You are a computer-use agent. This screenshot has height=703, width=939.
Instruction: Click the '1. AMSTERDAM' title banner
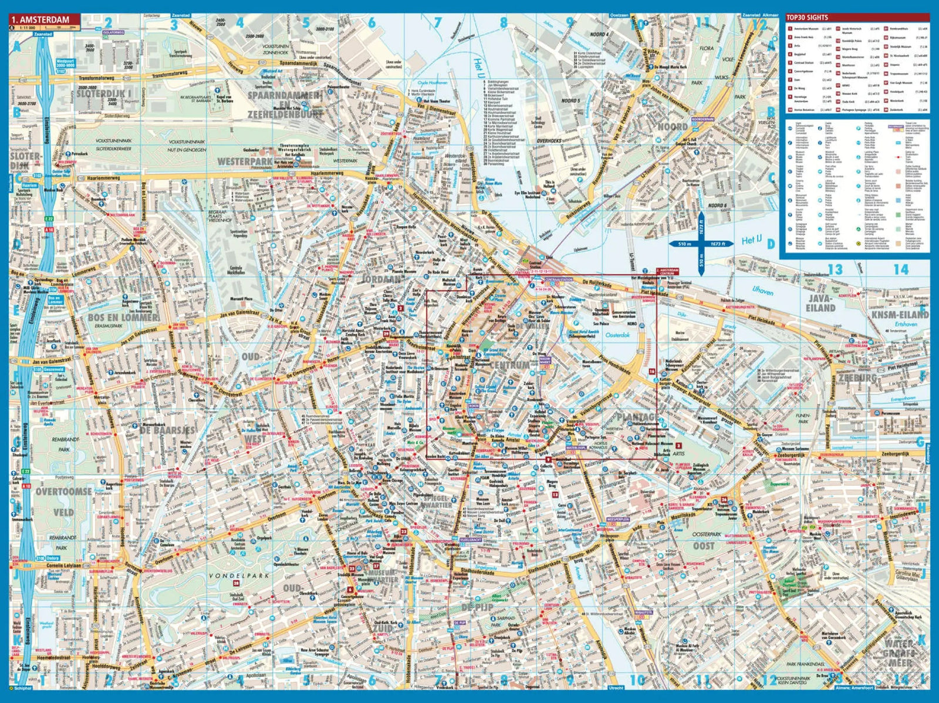pos(44,19)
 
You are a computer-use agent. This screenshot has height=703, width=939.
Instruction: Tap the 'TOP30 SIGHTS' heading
pos(807,18)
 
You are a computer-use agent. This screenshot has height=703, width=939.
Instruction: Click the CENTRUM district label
pos(509,365)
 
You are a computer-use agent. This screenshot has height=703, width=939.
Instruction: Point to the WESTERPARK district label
pos(245,161)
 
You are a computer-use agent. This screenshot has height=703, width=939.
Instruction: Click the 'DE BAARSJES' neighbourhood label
pos(167,430)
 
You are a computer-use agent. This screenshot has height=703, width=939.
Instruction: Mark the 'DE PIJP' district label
pos(477,607)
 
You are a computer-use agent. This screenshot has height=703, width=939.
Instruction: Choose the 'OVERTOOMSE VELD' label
pos(63,502)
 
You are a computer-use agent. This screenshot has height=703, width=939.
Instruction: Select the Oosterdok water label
pos(617,335)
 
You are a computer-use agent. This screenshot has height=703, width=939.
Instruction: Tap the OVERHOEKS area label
pos(549,141)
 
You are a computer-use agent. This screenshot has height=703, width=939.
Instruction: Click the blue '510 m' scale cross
pos(701,244)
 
